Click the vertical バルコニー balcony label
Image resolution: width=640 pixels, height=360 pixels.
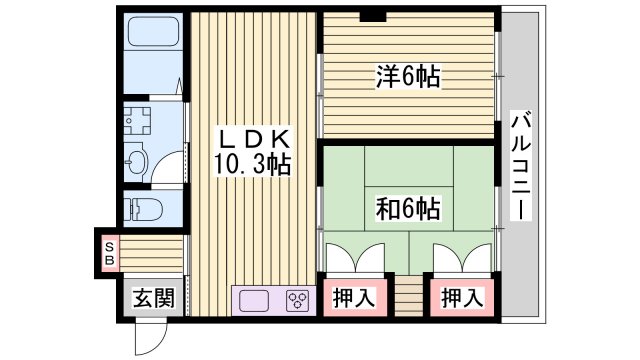[x=520, y=165]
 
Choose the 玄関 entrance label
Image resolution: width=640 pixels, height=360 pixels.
[x=154, y=299]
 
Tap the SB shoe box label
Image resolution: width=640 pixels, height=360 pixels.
[x=109, y=252]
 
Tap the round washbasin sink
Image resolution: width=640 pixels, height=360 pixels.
[x=139, y=160]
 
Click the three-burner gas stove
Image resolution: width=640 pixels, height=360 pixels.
[x=298, y=299]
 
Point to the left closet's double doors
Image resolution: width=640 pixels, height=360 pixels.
[x=351, y=258]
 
